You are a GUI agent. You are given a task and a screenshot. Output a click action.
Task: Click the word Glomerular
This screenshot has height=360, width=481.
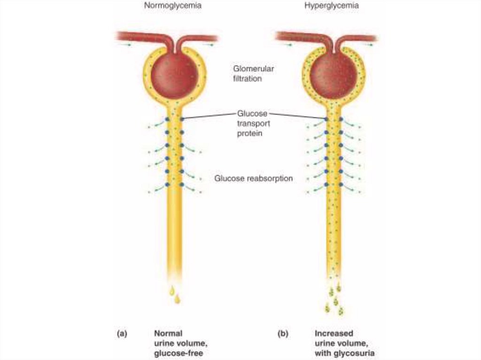(x=253, y=69)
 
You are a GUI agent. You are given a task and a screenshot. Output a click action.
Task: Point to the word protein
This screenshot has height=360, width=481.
(x=249, y=134)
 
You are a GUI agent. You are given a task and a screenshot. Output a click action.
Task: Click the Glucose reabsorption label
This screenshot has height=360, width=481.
(x=254, y=178)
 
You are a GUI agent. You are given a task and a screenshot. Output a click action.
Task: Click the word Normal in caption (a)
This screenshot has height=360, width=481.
(x=168, y=334)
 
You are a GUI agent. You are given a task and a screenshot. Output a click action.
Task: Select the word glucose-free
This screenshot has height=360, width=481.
(x=178, y=353)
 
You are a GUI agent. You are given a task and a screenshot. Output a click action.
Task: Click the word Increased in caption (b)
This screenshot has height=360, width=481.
(x=334, y=334)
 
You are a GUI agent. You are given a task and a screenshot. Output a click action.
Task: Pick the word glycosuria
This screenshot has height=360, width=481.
(x=355, y=353)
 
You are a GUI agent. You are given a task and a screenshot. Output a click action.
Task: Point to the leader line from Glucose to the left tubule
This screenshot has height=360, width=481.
(x=209, y=116)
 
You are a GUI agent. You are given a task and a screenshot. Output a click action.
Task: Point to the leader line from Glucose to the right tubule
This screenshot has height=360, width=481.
(x=296, y=116)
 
